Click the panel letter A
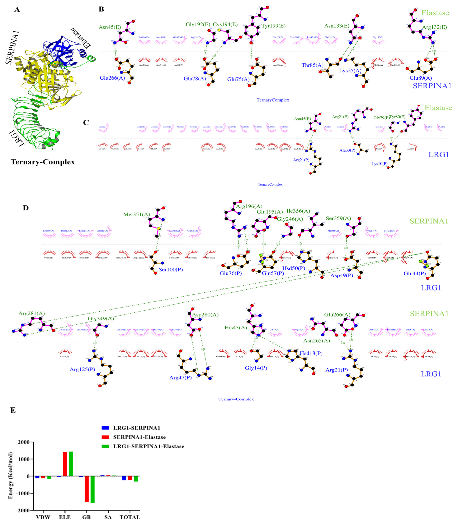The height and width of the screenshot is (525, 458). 17,10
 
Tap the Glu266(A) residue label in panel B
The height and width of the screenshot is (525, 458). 112,78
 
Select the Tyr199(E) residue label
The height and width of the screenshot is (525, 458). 273,26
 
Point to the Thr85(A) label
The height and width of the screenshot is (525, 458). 312,65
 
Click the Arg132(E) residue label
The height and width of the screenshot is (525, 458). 434,27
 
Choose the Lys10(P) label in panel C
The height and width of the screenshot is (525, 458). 379,164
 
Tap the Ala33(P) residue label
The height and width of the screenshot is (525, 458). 347,150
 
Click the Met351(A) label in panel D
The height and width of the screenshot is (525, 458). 137,215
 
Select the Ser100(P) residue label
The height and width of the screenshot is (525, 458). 171,270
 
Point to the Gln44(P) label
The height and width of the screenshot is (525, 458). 415,273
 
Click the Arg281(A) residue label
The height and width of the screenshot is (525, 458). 32,313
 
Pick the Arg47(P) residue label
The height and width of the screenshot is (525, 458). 180,378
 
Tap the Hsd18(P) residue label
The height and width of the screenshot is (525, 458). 311,353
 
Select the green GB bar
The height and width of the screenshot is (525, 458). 92,489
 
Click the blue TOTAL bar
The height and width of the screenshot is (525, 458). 124,478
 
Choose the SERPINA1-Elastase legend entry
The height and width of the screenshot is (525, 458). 139,437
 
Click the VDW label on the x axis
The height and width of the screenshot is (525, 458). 43,517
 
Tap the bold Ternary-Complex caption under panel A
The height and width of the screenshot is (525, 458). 43,162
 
